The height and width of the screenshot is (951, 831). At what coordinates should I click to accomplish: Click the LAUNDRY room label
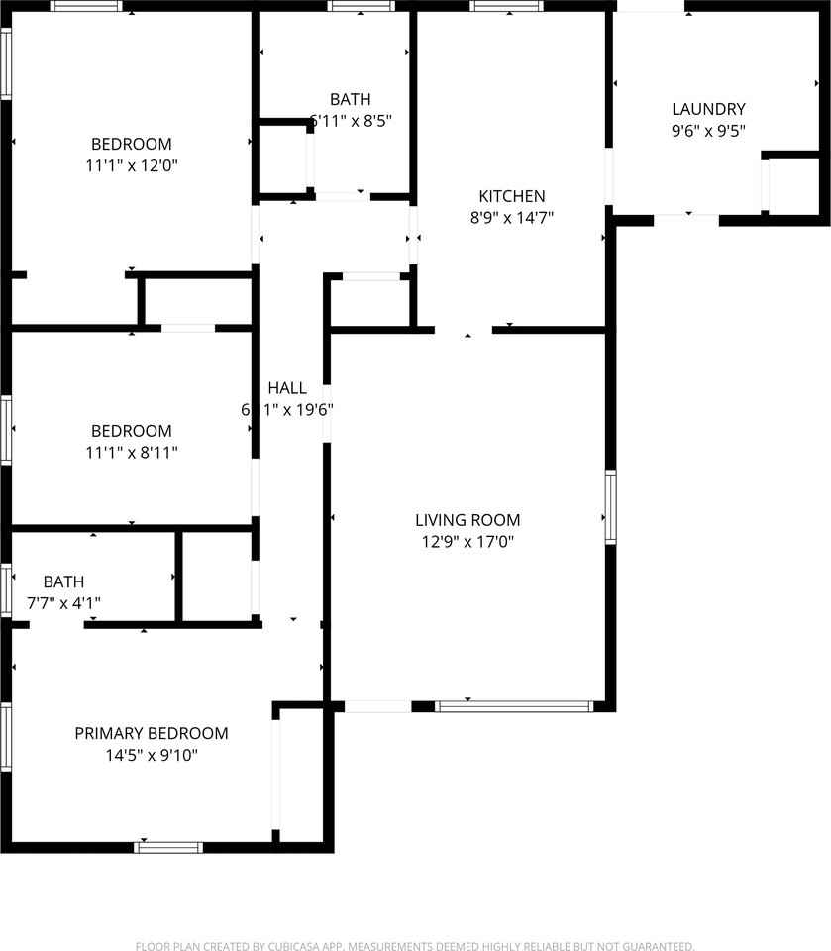(x=708, y=109)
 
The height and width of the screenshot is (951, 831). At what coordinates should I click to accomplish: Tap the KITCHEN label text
(x=512, y=196)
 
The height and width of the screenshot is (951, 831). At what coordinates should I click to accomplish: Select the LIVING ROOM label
(x=467, y=520)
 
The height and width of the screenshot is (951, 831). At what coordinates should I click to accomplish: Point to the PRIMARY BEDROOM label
(x=152, y=734)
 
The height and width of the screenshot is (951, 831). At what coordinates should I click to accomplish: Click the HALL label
(x=287, y=388)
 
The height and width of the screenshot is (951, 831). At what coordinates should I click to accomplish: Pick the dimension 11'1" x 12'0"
(x=132, y=165)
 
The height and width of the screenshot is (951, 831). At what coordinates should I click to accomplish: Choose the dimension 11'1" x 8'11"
(x=132, y=453)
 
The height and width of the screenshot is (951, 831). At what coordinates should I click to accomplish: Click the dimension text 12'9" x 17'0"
(x=467, y=542)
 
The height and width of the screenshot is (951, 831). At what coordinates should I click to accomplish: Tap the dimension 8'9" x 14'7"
(x=512, y=218)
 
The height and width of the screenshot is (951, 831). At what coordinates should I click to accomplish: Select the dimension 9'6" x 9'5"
(x=708, y=130)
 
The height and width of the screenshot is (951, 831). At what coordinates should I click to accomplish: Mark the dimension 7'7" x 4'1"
(x=63, y=602)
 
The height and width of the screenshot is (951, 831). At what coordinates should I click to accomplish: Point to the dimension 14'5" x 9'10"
(x=152, y=756)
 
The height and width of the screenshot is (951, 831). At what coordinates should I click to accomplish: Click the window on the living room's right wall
(x=611, y=507)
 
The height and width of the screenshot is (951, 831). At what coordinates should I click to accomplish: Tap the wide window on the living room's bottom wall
(x=514, y=706)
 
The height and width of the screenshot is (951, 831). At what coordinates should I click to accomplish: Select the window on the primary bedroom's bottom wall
(x=168, y=847)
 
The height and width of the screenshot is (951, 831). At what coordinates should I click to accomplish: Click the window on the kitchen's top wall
(x=506, y=6)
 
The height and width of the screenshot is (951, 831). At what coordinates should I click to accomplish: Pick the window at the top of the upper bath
(x=362, y=6)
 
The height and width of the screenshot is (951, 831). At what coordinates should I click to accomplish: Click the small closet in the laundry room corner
(x=794, y=185)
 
